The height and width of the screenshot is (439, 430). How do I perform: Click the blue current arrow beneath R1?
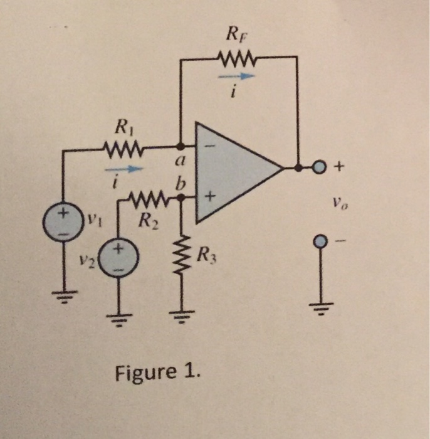point(122,169)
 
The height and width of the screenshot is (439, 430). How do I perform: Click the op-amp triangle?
point(232,169)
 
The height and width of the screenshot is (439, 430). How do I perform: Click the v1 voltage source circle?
point(63,220)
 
